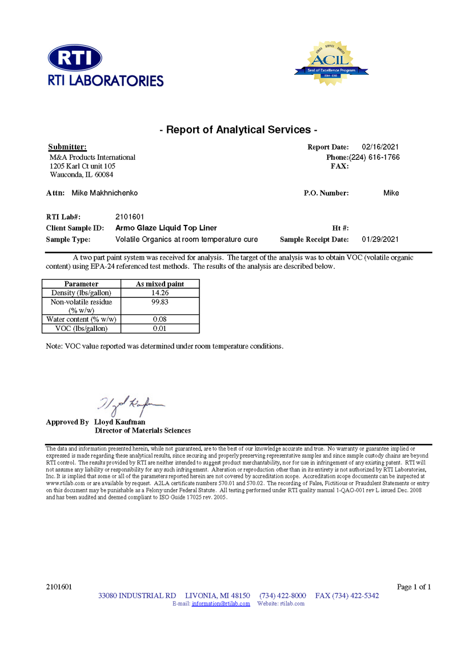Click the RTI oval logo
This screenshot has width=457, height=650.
(x=75, y=58)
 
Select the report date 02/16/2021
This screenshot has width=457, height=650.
(x=380, y=147)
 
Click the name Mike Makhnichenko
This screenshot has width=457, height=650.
(x=105, y=193)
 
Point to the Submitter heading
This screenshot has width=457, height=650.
(x=67, y=147)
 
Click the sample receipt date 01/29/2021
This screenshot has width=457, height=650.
(x=380, y=239)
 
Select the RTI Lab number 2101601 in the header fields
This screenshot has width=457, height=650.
(x=130, y=217)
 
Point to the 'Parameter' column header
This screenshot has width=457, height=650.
(x=81, y=284)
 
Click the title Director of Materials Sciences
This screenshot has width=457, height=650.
(x=142, y=430)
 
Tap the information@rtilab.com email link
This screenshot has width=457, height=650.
(x=221, y=603)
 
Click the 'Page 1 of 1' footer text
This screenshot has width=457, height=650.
(x=414, y=587)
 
